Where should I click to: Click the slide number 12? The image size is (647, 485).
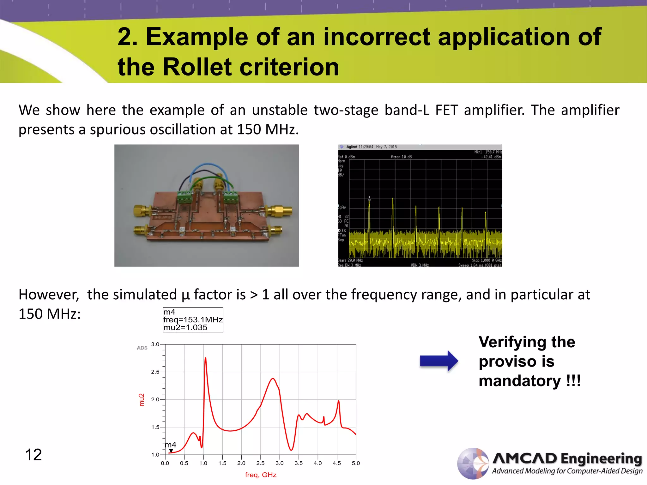point(33,455)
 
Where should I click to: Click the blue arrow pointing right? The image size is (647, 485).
point(438,361)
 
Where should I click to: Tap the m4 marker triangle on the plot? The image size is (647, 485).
point(171,451)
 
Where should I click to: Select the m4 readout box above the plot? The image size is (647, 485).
point(193,320)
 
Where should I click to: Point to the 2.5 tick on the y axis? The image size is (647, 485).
point(155,372)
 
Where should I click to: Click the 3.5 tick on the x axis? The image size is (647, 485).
point(299,463)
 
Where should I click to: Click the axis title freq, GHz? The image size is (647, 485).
point(261,475)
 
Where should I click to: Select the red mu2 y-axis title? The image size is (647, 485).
point(142,400)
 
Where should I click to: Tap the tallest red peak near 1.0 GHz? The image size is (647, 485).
point(206,359)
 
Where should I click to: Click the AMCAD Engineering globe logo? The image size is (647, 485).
point(473,463)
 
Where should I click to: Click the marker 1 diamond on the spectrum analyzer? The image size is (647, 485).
point(369,200)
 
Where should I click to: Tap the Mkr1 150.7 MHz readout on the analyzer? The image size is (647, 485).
point(488,152)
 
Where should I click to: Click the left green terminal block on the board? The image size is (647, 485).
point(184,197)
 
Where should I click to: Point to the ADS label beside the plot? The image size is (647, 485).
point(142,348)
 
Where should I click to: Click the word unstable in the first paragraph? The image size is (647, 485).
point(280,110)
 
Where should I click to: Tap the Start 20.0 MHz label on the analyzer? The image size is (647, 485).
point(350,260)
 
